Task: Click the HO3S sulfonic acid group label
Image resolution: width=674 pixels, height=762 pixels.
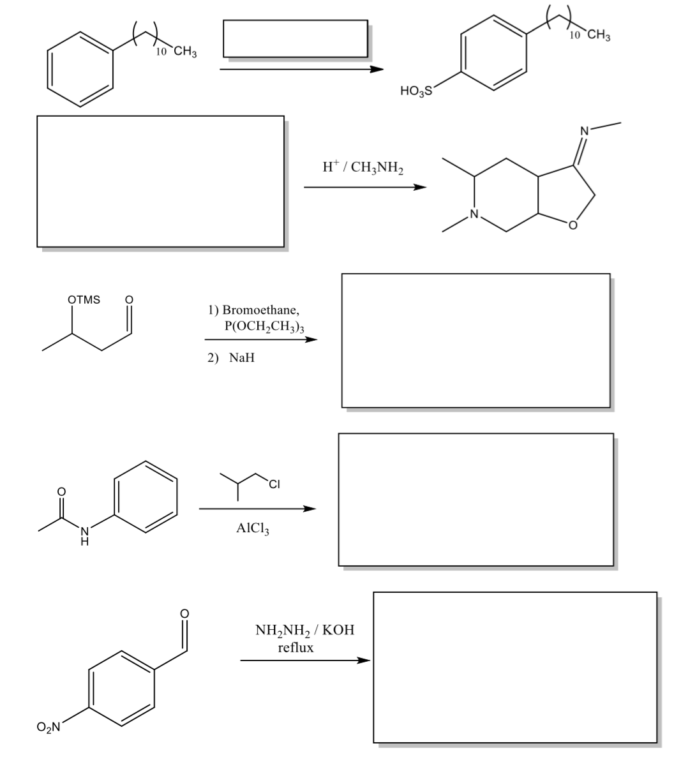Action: coord(416,91)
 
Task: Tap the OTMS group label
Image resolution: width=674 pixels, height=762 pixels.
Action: coord(84,299)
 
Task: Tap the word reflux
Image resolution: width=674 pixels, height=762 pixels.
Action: coord(296,647)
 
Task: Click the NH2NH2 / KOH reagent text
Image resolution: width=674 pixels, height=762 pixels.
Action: coord(304,631)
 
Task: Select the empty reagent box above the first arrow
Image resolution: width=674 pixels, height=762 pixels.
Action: coord(295,39)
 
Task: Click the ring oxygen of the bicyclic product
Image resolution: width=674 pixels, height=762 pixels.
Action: coord(573,225)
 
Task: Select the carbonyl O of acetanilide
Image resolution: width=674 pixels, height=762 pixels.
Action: coord(62,492)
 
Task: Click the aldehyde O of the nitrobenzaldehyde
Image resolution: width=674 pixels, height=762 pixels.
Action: coord(185,613)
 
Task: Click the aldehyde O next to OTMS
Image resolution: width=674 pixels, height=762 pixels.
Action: coord(129,299)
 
